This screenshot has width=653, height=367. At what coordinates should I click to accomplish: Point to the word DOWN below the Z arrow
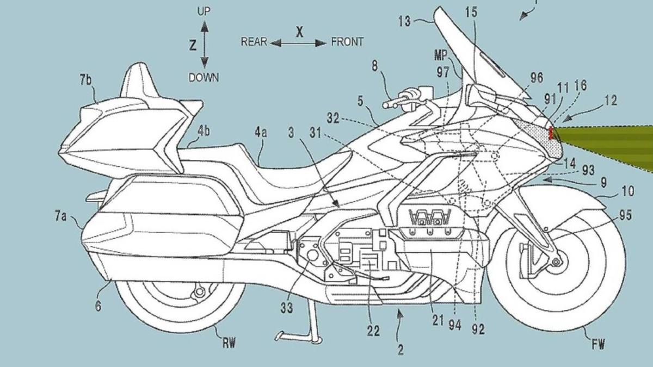(x=204, y=78)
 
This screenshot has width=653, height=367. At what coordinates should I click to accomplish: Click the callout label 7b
(x=86, y=81)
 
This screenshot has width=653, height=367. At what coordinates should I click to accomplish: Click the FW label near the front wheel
(x=597, y=343)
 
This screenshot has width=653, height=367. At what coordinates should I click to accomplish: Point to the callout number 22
(x=373, y=331)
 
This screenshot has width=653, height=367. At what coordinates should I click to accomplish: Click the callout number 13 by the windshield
(x=406, y=22)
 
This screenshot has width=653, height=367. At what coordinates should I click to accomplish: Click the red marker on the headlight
(x=551, y=133)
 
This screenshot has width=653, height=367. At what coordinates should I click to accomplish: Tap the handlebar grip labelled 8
(x=393, y=102)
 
